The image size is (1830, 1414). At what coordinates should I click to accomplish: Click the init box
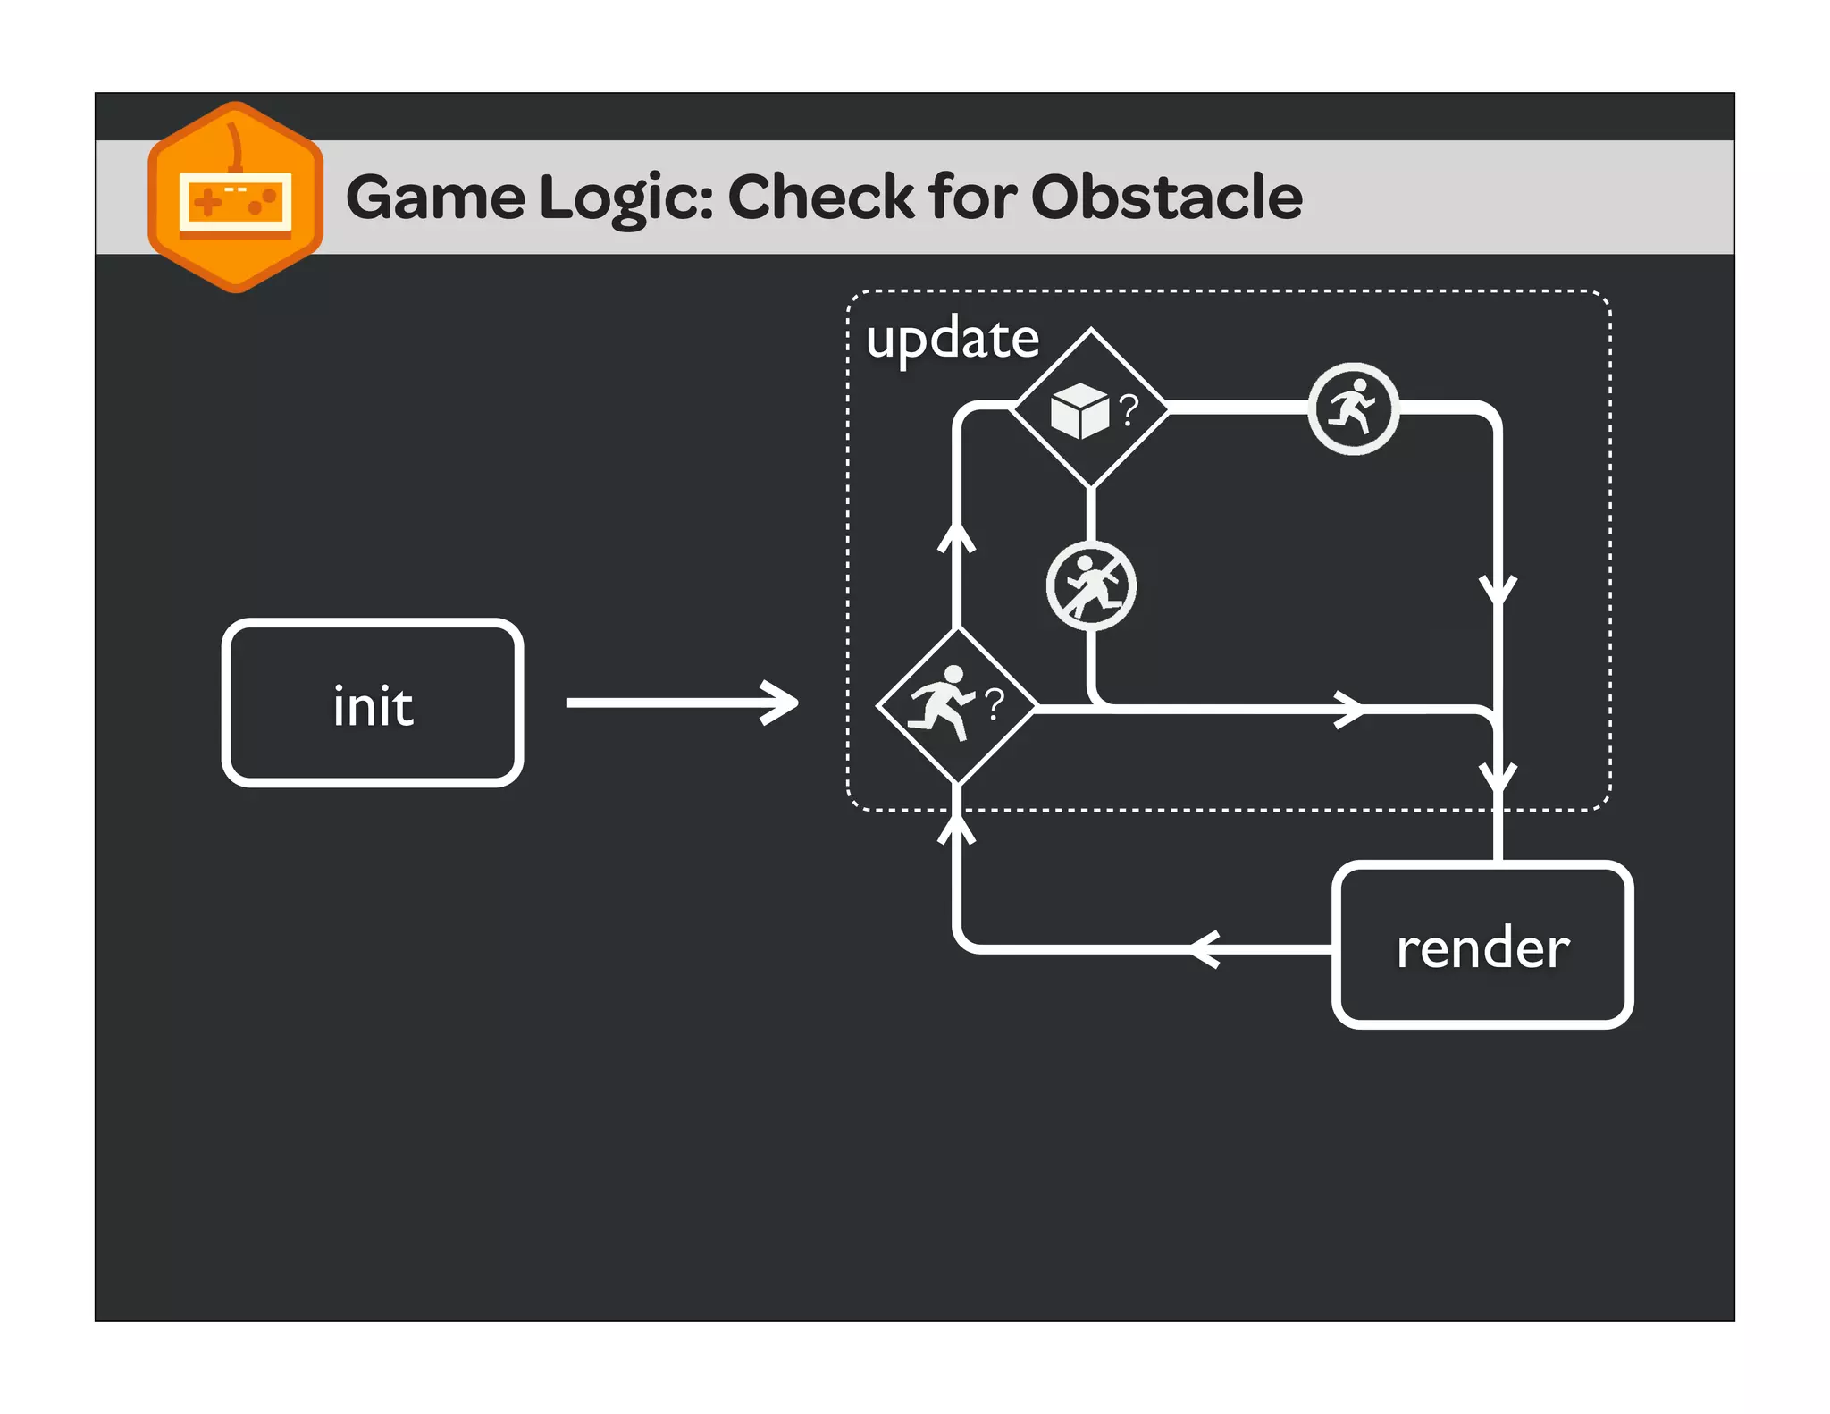pyautogui.click(x=372, y=703)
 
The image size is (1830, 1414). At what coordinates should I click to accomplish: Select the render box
pyautogui.click(x=1482, y=945)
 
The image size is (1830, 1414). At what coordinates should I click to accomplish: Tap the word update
pyautogui.click(x=953, y=339)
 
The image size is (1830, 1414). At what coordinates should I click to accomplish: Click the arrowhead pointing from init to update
pyautogui.click(x=780, y=703)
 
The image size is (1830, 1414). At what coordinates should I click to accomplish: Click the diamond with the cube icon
pyautogui.click(x=1091, y=408)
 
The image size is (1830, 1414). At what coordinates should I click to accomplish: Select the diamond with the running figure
pyautogui.click(x=957, y=706)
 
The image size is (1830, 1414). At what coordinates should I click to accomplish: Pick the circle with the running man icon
pyautogui.click(x=1353, y=408)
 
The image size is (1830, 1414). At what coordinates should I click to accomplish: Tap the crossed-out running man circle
pyautogui.click(x=1091, y=586)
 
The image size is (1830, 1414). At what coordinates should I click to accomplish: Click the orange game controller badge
pyautogui.click(x=236, y=198)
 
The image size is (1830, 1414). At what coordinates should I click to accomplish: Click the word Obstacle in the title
pyautogui.click(x=1166, y=198)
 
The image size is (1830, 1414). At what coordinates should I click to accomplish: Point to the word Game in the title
pyautogui.click(x=435, y=198)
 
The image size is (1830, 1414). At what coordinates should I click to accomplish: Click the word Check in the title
pyautogui.click(x=821, y=198)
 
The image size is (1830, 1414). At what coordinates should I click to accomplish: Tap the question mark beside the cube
pyautogui.click(x=1129, y=410)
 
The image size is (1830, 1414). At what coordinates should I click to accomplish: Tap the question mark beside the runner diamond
pyautogui.click(x=995, y=704)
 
